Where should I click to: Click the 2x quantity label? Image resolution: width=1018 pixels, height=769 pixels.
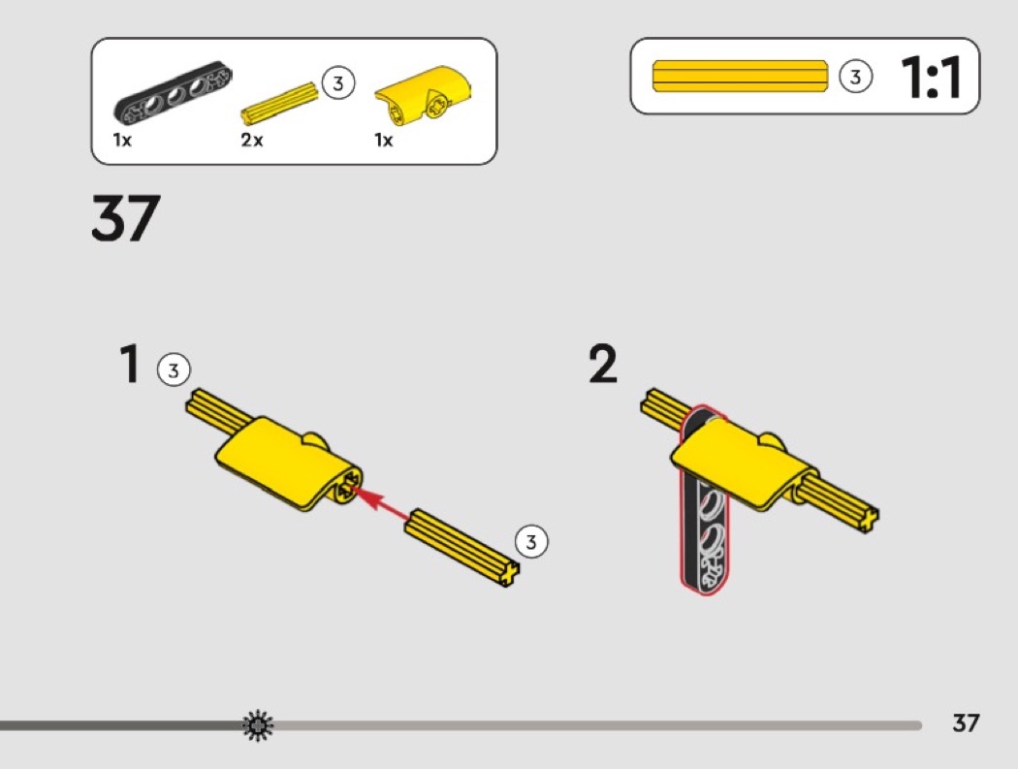(252, 140)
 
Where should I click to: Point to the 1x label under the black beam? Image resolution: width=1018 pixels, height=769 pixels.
(122, 140)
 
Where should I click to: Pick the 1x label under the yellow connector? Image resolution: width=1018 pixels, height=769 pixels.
(384, 140)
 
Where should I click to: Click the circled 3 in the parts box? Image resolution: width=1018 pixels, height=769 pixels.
(337, 83)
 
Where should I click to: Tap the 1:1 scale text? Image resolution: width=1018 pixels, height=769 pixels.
(931, 78)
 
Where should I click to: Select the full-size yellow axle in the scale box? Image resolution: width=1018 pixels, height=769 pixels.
(740, 76)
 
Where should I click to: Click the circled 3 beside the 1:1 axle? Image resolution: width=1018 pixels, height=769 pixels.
(855, 77)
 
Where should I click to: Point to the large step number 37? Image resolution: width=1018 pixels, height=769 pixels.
(125, 217)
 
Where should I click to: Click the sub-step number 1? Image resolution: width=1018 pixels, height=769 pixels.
(130, 364)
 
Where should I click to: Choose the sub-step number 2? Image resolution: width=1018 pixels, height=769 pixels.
(603, 365)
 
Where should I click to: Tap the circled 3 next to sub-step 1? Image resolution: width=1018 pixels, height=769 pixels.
(174, 370)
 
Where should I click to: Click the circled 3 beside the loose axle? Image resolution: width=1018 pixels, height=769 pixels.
(531, 541)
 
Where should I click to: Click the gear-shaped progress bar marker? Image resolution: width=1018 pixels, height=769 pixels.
(258, 725)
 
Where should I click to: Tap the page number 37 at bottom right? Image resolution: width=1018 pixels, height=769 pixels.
(966, 722)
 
